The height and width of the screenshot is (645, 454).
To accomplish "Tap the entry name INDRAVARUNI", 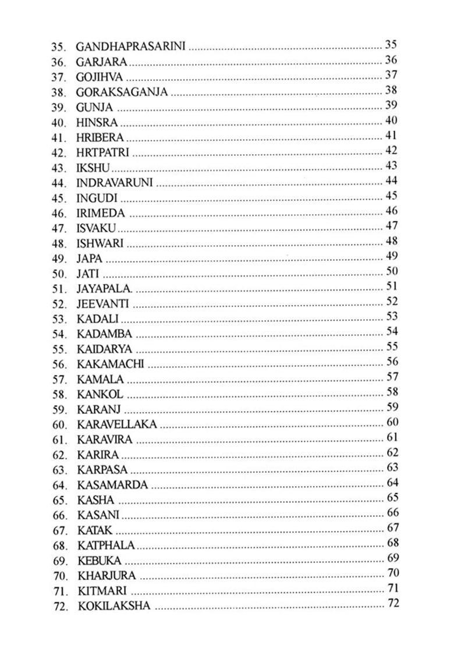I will point(115,183).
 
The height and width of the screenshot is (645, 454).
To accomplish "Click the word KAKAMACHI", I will point(110,364).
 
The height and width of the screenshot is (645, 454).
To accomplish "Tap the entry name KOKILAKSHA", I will point(114,606).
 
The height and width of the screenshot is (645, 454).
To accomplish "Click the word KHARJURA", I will point(107,576).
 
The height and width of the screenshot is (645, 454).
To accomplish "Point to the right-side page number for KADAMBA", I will point(392,332).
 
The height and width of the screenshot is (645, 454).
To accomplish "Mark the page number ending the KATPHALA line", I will point(392,544).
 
